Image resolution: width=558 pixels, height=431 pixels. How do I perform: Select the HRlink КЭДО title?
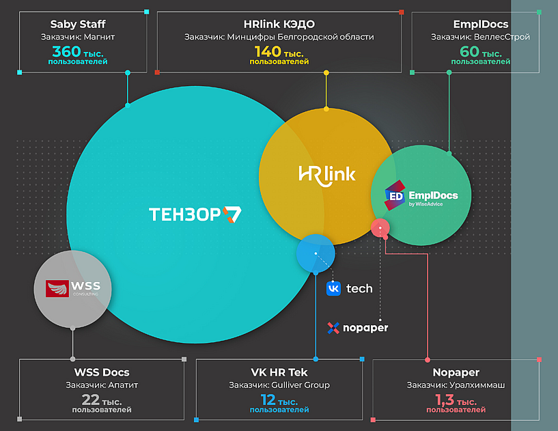click(x=279, y=24)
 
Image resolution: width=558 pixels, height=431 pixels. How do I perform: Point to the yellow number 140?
click(x=267, y=51)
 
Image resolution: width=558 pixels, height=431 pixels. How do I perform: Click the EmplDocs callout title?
click(x=480, y=24)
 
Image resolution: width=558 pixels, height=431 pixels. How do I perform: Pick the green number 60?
click(x=469, y=51)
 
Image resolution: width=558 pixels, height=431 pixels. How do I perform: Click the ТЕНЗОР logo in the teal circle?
click(x=195, y=214)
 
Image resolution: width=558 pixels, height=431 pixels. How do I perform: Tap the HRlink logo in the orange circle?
click(x=326, y=174)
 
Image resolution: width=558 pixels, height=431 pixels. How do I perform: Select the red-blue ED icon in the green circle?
click(x=395, y=195)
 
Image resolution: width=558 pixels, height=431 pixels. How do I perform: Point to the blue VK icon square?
click(x=333, y=288)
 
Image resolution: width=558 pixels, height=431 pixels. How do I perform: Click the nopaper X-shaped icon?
click(x=333, y=328)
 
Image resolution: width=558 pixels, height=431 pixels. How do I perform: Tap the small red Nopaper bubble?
click(x=380, y=228)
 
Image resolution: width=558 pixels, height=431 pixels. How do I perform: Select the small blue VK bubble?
click(x=316, y=253)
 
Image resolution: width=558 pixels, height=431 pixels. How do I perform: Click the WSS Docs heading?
click(x=102, y=372)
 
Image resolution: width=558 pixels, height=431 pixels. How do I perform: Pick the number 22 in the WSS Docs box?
click(x=90, y=400)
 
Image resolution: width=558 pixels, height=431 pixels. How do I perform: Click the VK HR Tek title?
click(x=279, y=372)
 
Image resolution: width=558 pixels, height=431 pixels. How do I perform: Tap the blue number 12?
click(x=268, y=400)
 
